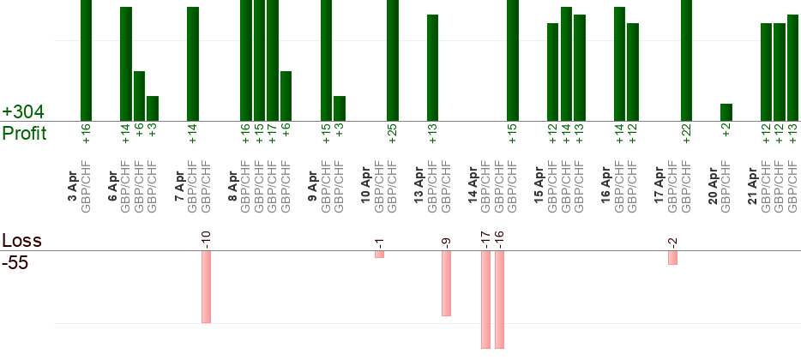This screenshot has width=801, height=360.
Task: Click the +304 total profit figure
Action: pyautogui.click(x=23, y=112)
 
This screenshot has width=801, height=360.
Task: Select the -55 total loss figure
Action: pyautogui.click(x=15, y=263)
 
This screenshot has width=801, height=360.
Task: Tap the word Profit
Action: pyautogui.click(x=24, y=133)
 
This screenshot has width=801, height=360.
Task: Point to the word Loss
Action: pyautogui.click(x=21, y=241)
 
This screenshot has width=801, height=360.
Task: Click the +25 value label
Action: pyautogui.click(x=393, y=135)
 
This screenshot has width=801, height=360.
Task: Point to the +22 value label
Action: pyautogui.click(x=686, y=135)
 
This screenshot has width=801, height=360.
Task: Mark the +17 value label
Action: pyautogui.click(x=273, y=135)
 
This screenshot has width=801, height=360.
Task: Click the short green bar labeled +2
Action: pyautogui.click(x=726, y=112)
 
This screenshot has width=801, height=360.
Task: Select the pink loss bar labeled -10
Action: pyautogui.click(x=206, y=286)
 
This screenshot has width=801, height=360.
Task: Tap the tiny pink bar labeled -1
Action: pyautogui.click(x=379, y=254)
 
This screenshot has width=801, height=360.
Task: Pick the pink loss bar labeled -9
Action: pyautogui.click(x=446, y=283)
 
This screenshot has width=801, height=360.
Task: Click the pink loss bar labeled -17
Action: pyautogui.click(x=485, y=299)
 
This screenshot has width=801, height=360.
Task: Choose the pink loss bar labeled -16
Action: pyautogui.click(x=499, y=299)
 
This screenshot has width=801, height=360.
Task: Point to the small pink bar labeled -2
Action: pyautogui.click(x=672, y=257)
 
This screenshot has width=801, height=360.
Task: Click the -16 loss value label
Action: pyautogui.click(x=499, y=238)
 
